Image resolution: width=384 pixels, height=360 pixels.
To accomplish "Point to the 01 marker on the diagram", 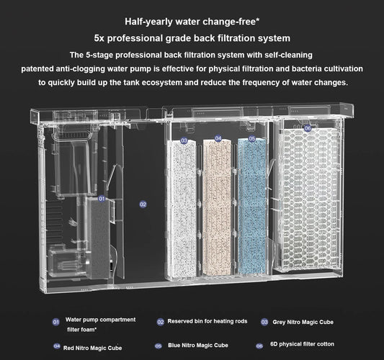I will [x=102, y=198].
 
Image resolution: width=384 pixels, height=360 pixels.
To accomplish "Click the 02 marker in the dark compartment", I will [x=143, y=204].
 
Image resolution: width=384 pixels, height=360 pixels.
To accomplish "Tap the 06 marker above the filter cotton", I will [x=307, y=127].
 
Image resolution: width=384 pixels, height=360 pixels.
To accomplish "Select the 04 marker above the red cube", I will [x=218, y=138].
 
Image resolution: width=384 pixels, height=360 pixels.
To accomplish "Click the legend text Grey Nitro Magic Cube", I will [x=303, y=321].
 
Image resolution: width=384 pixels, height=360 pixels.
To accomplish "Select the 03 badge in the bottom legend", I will [x=264, y=322].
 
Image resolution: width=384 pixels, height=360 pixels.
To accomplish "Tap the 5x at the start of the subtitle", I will [x=99, y=37].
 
